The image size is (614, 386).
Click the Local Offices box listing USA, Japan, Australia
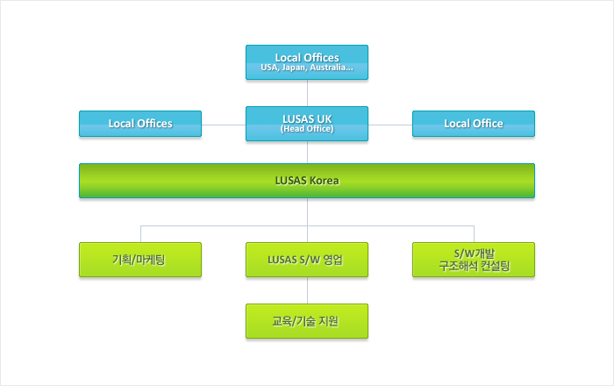coord(307,62)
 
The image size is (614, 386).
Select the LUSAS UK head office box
coord(307,124)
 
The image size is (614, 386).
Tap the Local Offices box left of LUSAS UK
coord(140,124)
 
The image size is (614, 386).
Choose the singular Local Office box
coord(474,124)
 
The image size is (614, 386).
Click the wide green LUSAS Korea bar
coord(307,181)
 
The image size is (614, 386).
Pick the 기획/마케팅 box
coord(140,260)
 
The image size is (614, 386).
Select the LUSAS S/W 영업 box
coord(307,260)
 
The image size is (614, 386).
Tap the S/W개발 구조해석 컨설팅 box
coord(474,260)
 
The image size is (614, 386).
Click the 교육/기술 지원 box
coord(307,321)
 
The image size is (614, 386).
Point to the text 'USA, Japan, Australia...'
coord(307,68)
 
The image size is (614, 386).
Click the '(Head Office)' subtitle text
coord(307,130)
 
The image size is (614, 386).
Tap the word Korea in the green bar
coord(324,181)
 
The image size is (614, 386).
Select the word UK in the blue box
coord(323,118)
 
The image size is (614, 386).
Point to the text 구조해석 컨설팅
coord(474,267)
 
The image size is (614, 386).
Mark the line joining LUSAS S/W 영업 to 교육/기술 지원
coord(307,290)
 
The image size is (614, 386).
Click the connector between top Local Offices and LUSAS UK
coord(307,93)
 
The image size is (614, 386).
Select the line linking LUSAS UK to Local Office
coord(390,124)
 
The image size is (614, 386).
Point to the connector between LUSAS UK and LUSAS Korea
coord(307,152)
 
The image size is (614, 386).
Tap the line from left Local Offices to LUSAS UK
coord(224,124)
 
